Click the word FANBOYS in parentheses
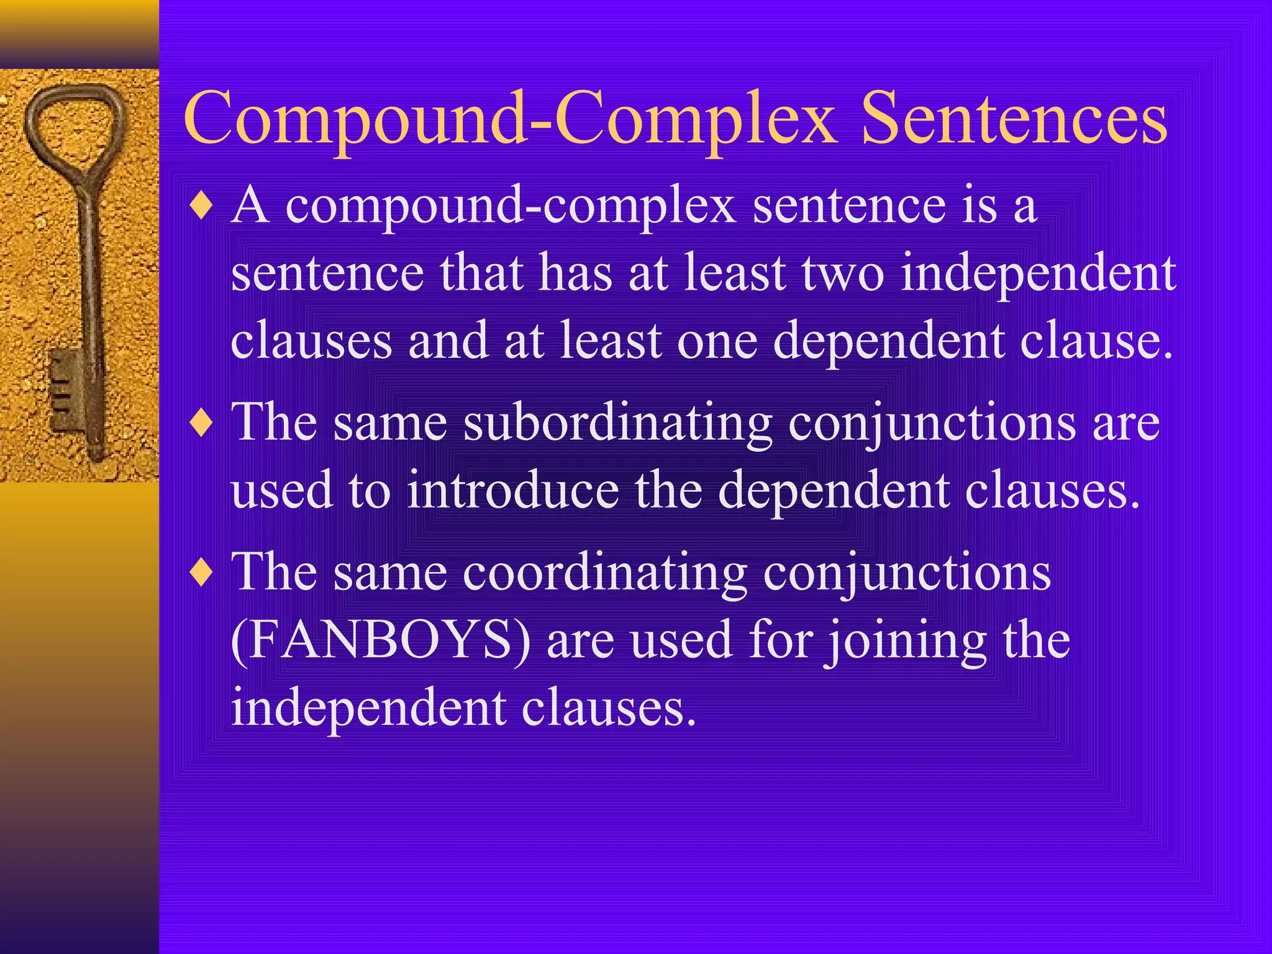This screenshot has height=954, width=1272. click(380, 640)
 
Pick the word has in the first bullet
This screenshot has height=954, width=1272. click(575, 273)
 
